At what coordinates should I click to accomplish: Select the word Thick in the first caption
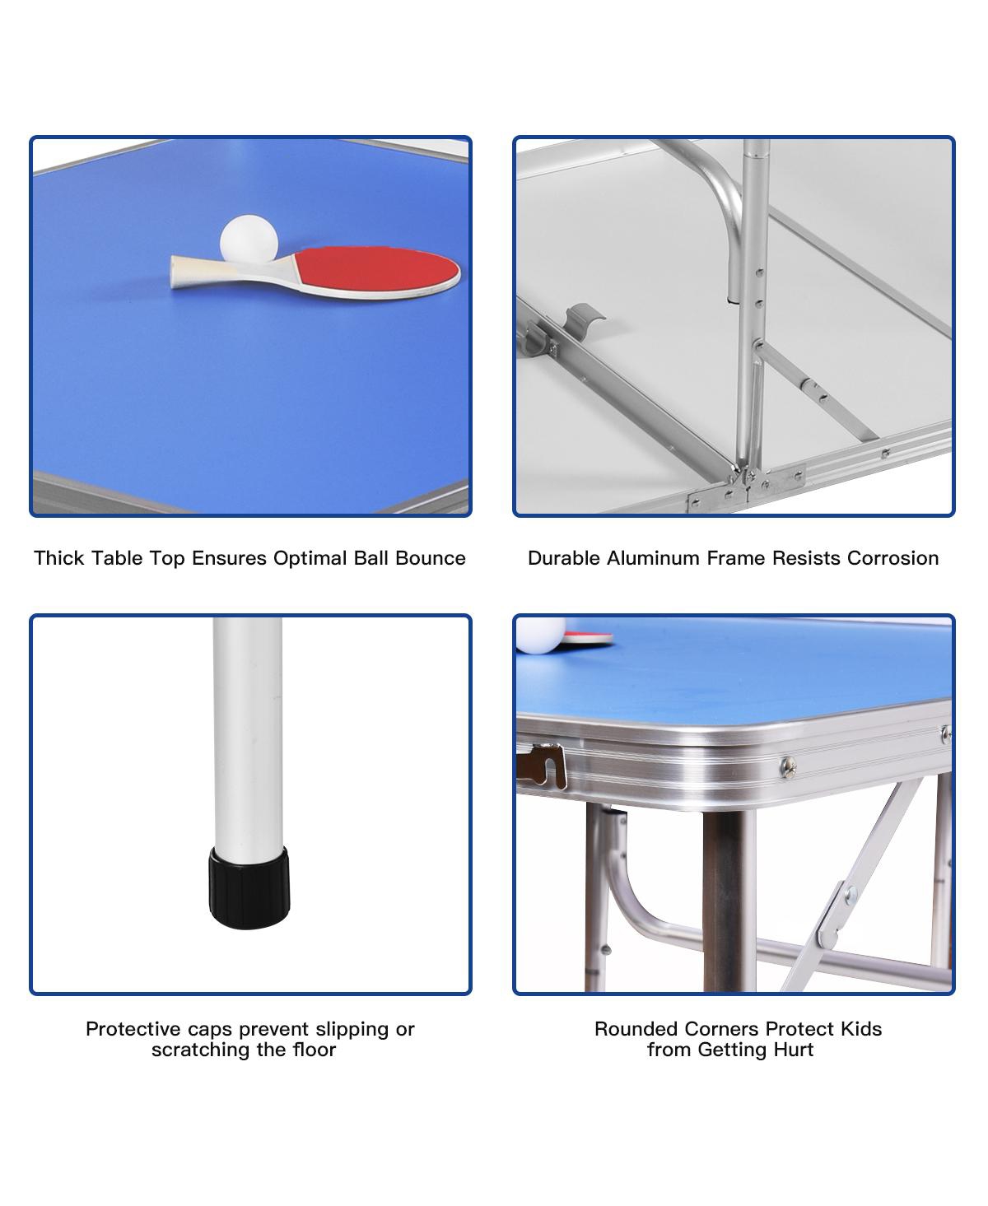(x=59, y=558)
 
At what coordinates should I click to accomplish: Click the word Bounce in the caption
(x=431, y=558)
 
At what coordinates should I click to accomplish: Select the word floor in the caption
(x=314, y=1050)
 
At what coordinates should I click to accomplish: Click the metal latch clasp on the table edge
(x=542, y=766)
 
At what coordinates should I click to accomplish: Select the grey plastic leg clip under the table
(x=585, y=319)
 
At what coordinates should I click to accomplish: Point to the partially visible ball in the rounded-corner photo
(x=540, y=635)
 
